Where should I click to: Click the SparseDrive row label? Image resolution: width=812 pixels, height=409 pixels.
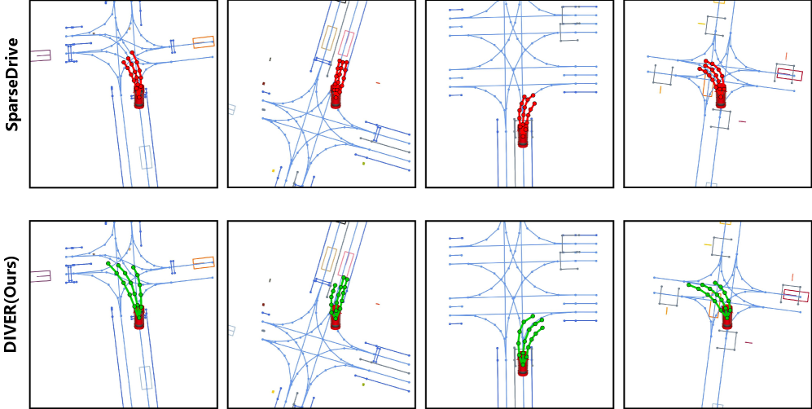[12, 85]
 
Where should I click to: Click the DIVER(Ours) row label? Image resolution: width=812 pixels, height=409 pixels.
[11, 304]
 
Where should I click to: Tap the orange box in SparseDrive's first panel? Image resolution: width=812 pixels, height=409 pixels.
[204, 42]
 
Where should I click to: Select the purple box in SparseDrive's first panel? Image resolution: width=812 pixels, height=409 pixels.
[41, 55]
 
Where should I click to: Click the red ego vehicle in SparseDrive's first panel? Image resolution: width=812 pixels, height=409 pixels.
[138, 97]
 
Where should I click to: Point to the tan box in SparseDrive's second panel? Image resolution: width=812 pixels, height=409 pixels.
[329, 37]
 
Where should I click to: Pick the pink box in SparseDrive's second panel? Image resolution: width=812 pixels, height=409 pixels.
[346, 43]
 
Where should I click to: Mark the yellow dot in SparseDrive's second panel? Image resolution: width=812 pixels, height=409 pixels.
[273, 170]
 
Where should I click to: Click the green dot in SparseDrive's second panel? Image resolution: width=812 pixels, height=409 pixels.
[363, 163]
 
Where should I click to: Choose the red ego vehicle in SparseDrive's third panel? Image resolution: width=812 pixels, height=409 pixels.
[523, 135]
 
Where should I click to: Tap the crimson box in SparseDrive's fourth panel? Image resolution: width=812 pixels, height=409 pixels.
[790, 75]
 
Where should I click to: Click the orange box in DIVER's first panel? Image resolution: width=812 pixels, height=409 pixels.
[204, 263]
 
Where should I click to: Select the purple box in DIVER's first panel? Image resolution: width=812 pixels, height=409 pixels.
[41, 276]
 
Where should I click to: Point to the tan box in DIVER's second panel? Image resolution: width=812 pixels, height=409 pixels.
[329, 259]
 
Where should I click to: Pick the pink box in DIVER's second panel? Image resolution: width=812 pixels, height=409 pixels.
[346, 265]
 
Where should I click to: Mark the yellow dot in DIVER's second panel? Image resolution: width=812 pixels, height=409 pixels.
[273, 391]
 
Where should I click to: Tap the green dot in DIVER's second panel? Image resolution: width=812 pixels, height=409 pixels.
[363, 384]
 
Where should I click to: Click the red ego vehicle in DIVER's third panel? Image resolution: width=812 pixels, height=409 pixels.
[523, 364]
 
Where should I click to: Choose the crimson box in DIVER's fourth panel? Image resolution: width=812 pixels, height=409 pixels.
[796, 296]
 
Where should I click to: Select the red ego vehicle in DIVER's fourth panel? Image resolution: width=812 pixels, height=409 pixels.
[727, 318]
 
